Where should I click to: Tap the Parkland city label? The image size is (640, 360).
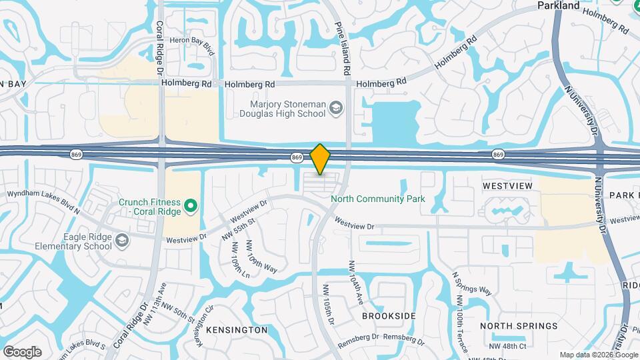click(x=558, y=5)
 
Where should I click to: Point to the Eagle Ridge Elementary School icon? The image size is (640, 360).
click(x=121, y=240)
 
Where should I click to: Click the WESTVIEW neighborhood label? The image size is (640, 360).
click(x=507, y=186)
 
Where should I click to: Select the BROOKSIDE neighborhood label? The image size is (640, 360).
click(x=389, y=315)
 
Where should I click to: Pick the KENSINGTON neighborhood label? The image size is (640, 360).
click(x=237, y=330)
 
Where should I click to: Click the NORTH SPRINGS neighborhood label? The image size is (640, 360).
click(x=519, y=326)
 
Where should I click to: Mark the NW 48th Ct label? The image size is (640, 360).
click(x=507, y=346)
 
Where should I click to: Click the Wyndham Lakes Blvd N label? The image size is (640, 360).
click(x=43, y=201)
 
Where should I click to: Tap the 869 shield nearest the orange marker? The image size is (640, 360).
click(x=297, y=157)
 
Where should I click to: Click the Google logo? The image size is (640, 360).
click(x=22, y=352)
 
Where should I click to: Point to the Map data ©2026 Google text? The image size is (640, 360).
click(x=597, y=355)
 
